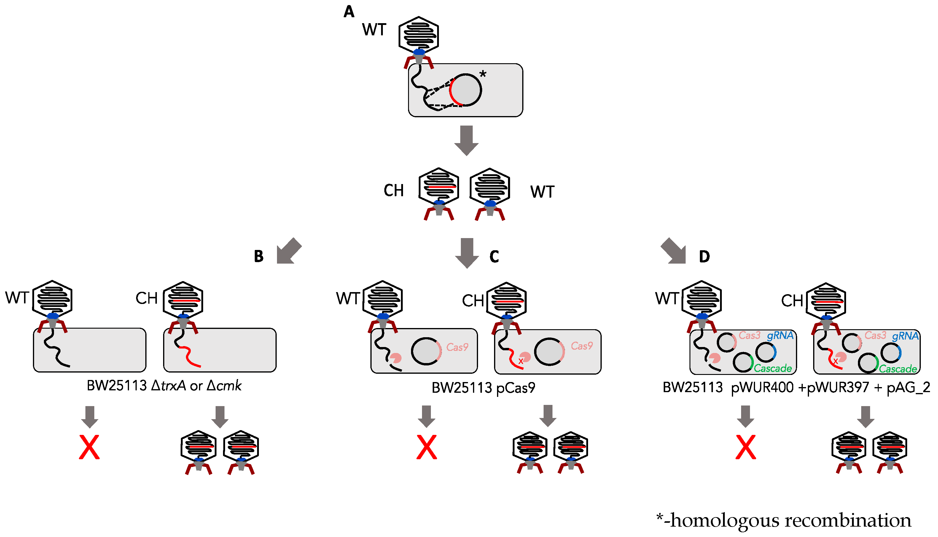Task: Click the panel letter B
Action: (259, 256)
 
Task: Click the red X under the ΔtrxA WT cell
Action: (89, 447)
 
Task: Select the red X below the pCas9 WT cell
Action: (426, 447)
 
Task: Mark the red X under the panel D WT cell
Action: (745, 447)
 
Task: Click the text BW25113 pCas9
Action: (483, 388)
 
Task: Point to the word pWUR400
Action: (762, 388)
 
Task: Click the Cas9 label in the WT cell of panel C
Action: (457, 347)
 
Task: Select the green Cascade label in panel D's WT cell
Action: (773, 368)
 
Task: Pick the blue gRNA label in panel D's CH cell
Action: (905, 336)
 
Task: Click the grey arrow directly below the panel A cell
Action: (466, 140)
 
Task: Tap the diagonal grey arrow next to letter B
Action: (289, 251)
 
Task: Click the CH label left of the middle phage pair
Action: (394, 191)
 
